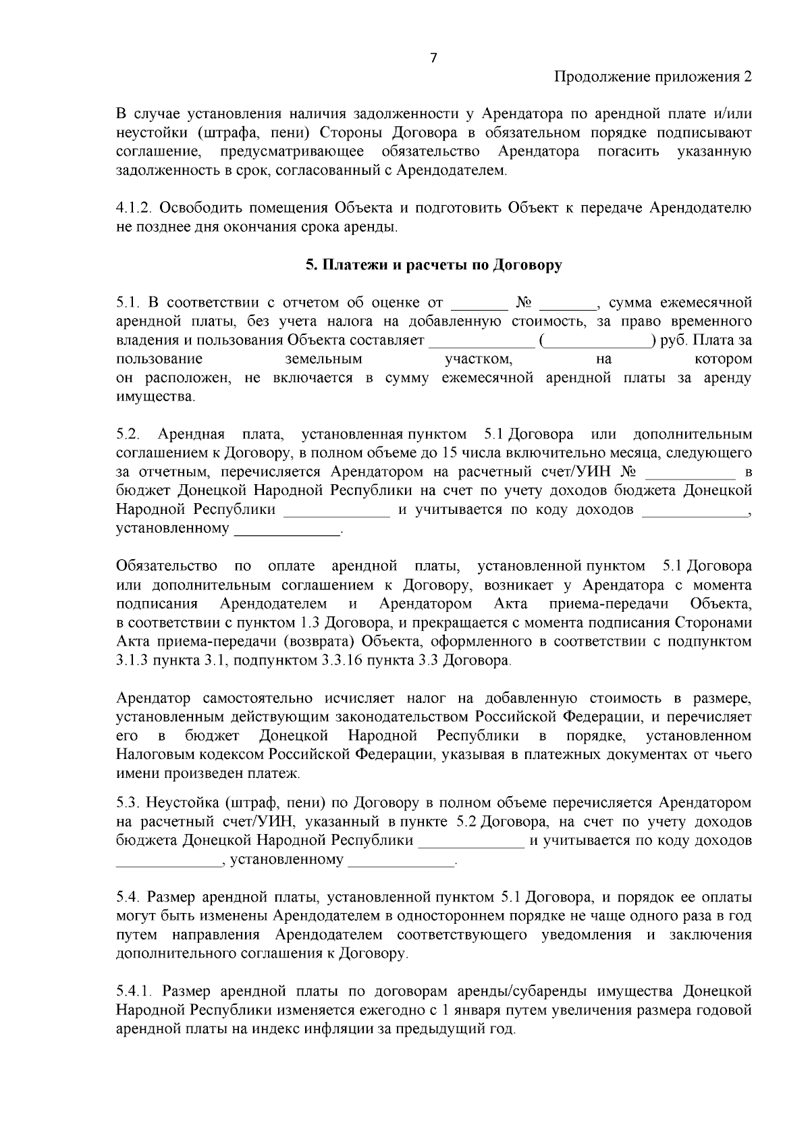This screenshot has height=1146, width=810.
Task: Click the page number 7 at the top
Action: pyautogui.click(x=433, y=58)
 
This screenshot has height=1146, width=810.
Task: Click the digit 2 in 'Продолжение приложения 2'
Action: pyautogui.click(x=747, y=76)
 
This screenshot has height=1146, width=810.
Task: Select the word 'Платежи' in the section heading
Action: pyautogui.click(x=349, y=265)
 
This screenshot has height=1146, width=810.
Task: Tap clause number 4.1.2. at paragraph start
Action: pyautogui.click(x=135, y=207)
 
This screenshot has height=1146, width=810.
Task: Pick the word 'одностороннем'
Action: pyautogui.click(x=446, y=916)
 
